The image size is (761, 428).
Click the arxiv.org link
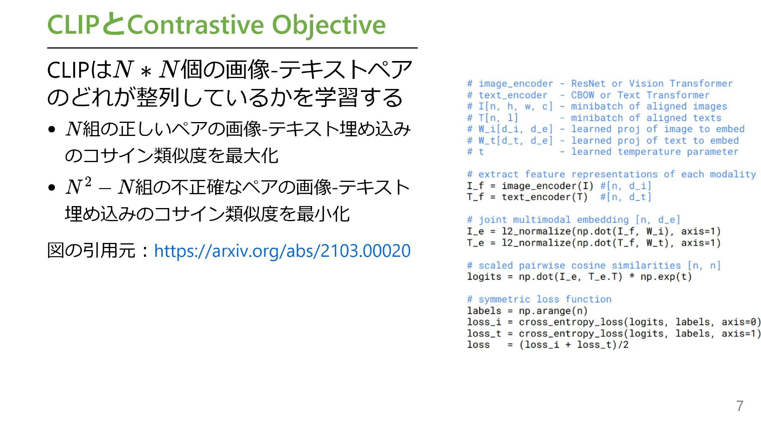[x=282, y=251]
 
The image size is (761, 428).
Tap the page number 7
[x=740, y=406]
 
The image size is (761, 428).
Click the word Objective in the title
[x=329, y=25]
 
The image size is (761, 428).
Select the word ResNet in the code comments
[x=588, y=84]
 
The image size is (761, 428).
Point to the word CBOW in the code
[x=582, y=95]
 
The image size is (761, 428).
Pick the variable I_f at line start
[x=475, y=186]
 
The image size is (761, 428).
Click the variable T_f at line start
[x=475, y=197]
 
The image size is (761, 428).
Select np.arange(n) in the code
[x=553, y=311]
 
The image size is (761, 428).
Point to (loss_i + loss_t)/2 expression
[x=574, y=345]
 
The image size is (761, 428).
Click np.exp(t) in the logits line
[x=666, y=277]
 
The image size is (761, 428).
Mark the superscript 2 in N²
[x=88, y=182]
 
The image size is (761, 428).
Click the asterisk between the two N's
[x=146, y=72]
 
